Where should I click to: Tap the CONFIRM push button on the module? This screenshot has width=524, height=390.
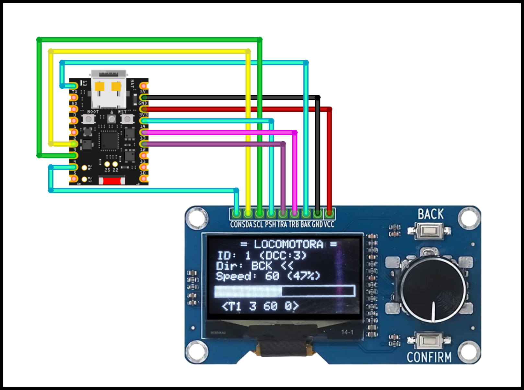pos(429,341)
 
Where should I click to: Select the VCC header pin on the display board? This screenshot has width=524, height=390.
pos(329,214)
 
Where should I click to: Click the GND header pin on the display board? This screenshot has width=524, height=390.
pos(318,214)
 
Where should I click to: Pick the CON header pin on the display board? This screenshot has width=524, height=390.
pos(236,214)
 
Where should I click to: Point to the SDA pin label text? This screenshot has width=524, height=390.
pos(247,224)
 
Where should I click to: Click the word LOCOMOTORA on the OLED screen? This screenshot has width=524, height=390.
pos(288,244)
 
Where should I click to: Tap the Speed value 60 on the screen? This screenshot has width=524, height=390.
pos(272,276)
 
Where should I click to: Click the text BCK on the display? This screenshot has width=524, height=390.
pos(262,266)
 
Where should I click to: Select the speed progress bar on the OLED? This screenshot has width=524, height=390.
pos(285,291)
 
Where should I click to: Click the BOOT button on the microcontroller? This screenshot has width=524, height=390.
pos(88,119)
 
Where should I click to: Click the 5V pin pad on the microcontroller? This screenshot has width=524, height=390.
pos(144,86)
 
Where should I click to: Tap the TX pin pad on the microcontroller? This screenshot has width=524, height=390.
pos(74,97)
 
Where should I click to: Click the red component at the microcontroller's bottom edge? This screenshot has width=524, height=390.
pos(112,180)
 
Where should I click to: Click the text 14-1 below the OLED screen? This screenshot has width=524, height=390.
pos(347,332)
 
